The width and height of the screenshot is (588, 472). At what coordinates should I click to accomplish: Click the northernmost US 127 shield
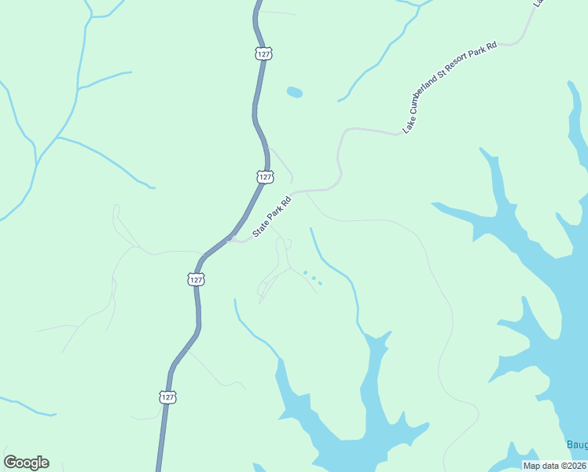pyautogui.click(x=264, y=53)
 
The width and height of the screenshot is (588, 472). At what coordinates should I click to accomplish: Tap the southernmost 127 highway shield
pyautogui.click(x=167, y=397)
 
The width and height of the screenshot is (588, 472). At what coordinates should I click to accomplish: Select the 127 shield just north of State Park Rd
pyautogui.click(x=265, y=178)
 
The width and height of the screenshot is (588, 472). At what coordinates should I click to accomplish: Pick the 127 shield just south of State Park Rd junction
pyautogui.click(x=196, y=279)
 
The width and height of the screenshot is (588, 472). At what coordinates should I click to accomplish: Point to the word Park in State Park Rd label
pyautogui.click(x=277, y=214)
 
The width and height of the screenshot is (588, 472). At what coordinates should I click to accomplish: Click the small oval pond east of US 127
pyautogui.click(x=294, y=92)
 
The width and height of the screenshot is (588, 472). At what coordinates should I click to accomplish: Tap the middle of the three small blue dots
pyautogui.click(x=312, y=278)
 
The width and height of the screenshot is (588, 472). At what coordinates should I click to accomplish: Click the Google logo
pyautogui.click(x=26, y=463)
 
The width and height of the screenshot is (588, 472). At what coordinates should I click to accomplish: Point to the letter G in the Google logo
pyautogui.click(x=10, y=463)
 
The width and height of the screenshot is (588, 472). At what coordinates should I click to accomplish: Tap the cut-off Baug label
pyautogui.click(x=577, y=445)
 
